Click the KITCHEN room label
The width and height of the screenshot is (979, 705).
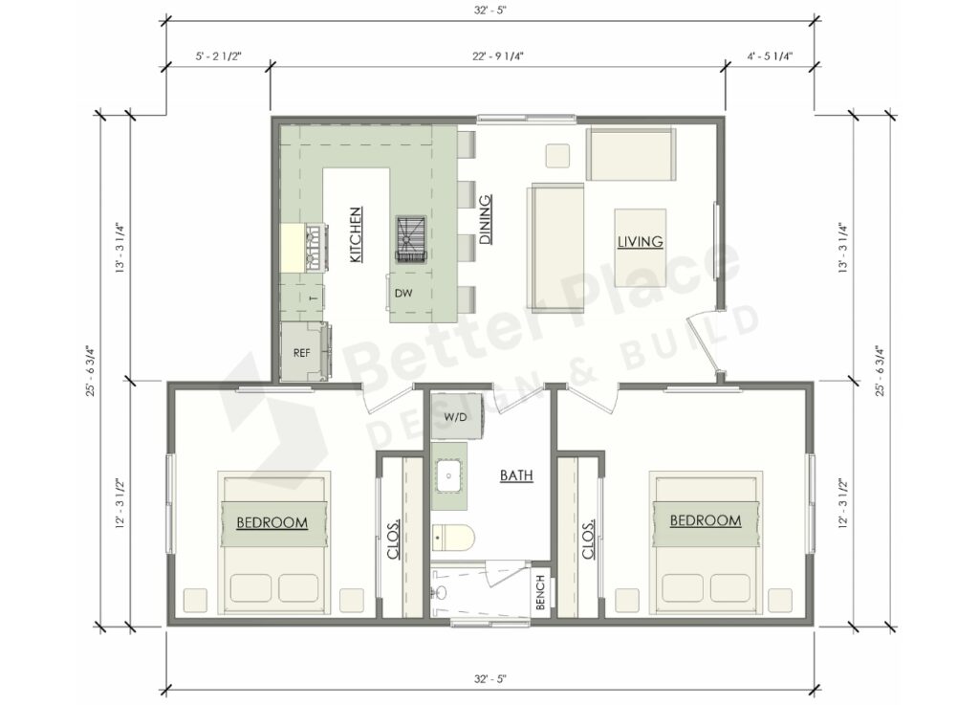point(355,234)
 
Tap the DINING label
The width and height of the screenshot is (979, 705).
point(486,219)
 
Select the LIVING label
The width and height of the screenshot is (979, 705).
point(640,242)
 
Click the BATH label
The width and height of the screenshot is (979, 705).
point(516,474)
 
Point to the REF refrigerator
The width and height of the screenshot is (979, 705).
point(302,352)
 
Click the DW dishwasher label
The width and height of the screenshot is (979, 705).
point(403,293)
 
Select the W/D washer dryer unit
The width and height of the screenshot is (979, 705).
point(453,418)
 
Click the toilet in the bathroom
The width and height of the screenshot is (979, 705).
point(450,537)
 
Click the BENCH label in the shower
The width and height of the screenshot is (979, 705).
point(540,592)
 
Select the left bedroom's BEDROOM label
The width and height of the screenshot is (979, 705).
point(272,522)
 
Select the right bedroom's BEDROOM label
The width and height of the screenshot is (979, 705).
point(706,520)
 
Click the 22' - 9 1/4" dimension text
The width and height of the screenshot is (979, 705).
point(497,56)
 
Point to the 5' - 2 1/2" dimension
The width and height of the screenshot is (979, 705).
point(219,56)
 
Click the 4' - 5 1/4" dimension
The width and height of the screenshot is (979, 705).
point(770,56)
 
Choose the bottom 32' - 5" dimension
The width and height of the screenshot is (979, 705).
point(489,678)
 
